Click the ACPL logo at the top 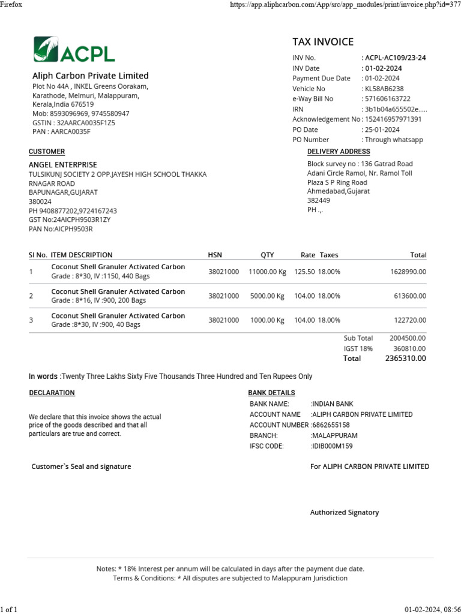pyautogui.click(x=74, y=50)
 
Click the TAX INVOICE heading pyautogui.click(x=323, y=41)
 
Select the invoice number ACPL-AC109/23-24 pyautogui.click(x=395, y=58)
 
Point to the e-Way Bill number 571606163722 pyautogui.click(x=388, y=99)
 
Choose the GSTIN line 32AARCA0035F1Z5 pyautogui.click(x=73, y=123)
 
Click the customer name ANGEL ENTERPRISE pyautogui.click(x=63, y=165)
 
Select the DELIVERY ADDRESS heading pyautogui.click(x=339, y=152)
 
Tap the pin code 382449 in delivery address pyautogui.click(x=319, y=201)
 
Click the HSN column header pyautogui.click(x=215, y=255)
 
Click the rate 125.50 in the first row pyautogui.click(x=304, y=272)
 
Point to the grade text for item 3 pyautogui.click(x=96, y=324)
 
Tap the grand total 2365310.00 pyautogui.click(x=405, y=359)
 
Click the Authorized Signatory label pyautogui.click(x=345, y=513)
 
